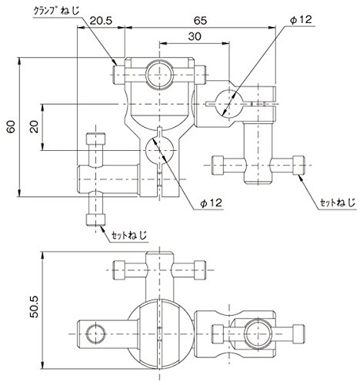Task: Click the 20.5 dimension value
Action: pyautogui.click(x=101, y=21)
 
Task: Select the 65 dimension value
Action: pyautogui.click(x=200, y=21)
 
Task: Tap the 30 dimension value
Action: pyautogui.click(x=195, y=37)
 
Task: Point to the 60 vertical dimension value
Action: pyautogui.click(x=12, y=126)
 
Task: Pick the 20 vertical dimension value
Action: pyautogui.click(x=34, y=126)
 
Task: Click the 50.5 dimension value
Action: pyautogui.click(x=34, y=306)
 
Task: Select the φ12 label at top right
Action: pyautogui.click(x=301, y=20)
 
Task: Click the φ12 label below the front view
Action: pyautogui.click(x=211, y=203)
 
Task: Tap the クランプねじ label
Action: pyautogui.click(x=57, y=12)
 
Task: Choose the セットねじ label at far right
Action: pyautogui.click(x=338, y=203)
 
